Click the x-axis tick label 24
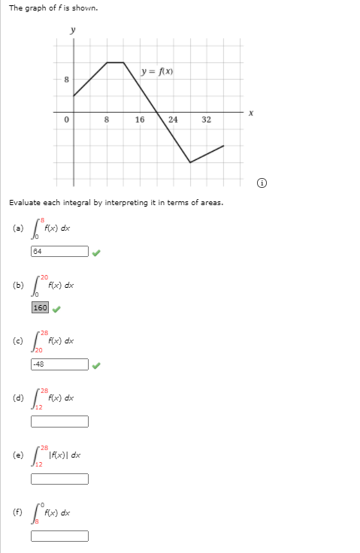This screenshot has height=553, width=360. pos(173,119)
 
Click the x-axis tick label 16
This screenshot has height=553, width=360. pos(140,119)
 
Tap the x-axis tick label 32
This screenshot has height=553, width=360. pos(207,119)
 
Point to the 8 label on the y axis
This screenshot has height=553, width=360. pos(66,79)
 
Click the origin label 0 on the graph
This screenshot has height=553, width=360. pos(66,119)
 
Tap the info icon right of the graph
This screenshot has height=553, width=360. pos(260,182)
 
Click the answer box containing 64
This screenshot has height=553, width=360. pos(59,252)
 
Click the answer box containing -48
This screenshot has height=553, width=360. pos(59,364)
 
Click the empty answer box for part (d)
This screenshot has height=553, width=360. pos(59,422)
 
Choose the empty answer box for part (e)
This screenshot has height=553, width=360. pos(59,479)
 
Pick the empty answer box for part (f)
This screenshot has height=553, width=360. pos(59,536)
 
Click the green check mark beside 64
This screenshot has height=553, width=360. pos(95,252)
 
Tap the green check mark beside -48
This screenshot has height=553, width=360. pos(95,365)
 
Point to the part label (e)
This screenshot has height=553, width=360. pos(17,455)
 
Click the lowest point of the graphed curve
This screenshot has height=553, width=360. pos(190,162)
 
